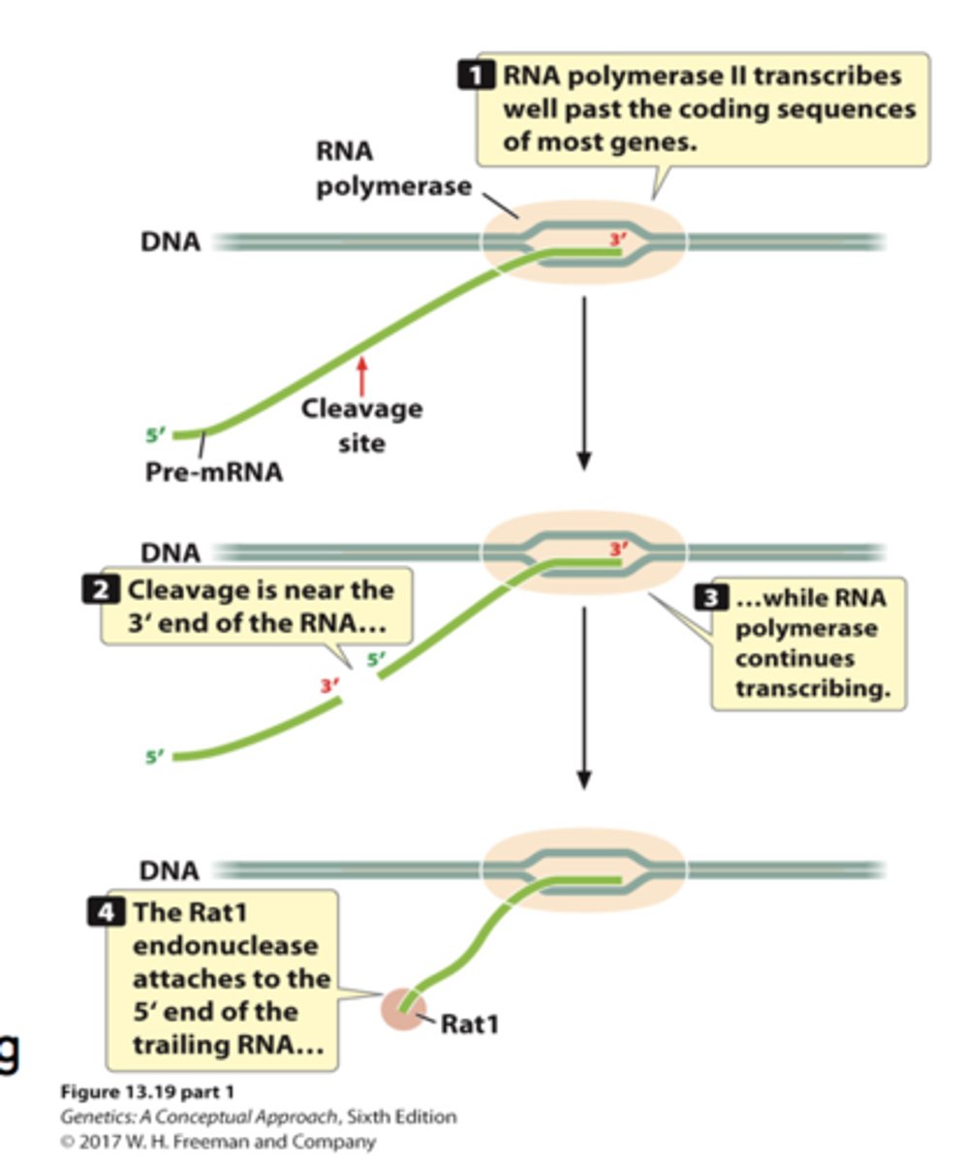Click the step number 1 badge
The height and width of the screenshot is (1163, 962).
pyautogui.click(x=477, y=77)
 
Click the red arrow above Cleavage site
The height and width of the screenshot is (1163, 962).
pyautogui.click(x=363, y=375)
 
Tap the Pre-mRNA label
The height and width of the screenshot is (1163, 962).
pyautogui.click(x=213, y=473)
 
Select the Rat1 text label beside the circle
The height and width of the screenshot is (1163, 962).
pyautogui.click(x=469, y=1022)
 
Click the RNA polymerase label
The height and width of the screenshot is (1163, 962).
pyautogui.click(x=392, y=170)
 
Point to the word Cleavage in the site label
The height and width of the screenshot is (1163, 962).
pyautogui.click(x=361, y=408)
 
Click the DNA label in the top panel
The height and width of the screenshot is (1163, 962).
pyautogui.click(x=171, y=242)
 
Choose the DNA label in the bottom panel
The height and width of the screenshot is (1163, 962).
pyautogui.click(x=170, y=870)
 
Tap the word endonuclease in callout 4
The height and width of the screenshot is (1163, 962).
pyautogui.click(x=224, y=945)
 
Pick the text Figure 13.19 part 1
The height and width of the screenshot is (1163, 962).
pyautogui.click(x=147, y=1092)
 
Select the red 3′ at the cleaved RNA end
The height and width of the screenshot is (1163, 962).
pyautogui.click(x=330, y=686)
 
